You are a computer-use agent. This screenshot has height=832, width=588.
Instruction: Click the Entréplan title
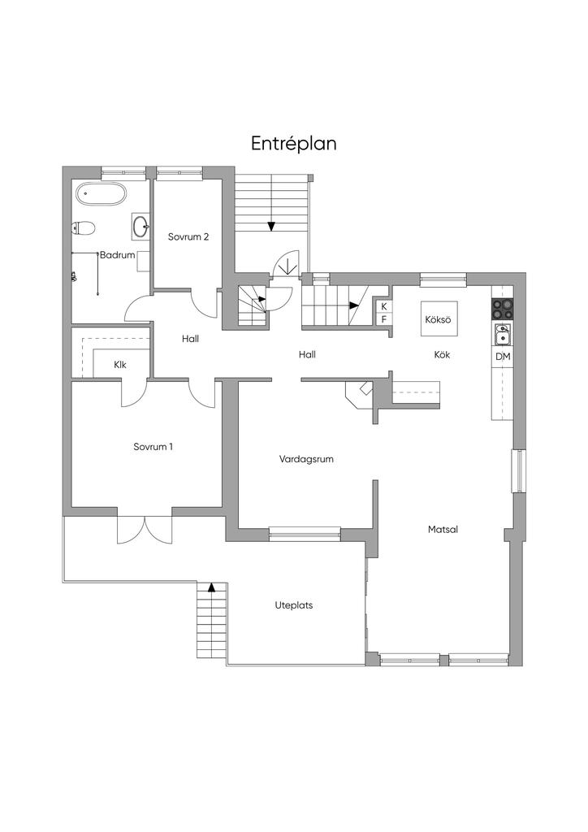click(294, 144)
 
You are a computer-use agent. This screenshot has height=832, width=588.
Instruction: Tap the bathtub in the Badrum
click(101, 193)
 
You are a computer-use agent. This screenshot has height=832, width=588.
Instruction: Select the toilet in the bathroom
click(84, 228)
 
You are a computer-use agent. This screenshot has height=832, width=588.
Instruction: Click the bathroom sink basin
click(141, 227)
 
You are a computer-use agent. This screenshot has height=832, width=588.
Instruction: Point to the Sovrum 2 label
click(188, 236)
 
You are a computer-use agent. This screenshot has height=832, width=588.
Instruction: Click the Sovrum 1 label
click(153, 447)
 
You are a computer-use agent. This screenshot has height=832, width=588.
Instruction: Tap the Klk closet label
click(120, 365)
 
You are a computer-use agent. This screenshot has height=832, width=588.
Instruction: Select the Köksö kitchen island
click(439, 318)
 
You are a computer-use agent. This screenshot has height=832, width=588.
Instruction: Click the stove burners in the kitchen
click(502, 309)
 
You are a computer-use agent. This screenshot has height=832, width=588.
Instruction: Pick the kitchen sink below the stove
click(503, 334)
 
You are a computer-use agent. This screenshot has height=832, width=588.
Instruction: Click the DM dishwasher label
click(503, 357)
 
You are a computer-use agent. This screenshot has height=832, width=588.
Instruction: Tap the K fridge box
click(384, 306)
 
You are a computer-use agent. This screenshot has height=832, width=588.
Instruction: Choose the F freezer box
click(384, 319)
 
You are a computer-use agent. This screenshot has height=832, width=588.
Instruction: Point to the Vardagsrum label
click(306, 459)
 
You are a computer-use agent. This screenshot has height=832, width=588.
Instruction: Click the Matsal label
click(443, 530)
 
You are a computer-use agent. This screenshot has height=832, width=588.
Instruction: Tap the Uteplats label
click(294, 604)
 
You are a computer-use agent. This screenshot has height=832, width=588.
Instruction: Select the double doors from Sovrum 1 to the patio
click(145, 530)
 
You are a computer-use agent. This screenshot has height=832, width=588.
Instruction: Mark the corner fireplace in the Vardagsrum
click(360, 395)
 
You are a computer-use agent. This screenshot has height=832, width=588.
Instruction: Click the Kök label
click(442, 354)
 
